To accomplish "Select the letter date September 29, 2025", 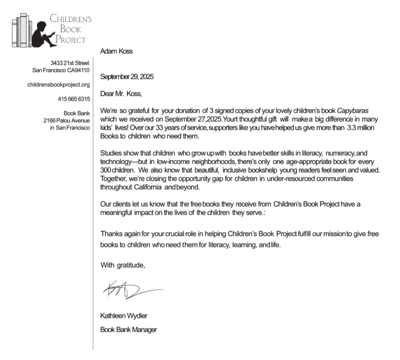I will [127, 77].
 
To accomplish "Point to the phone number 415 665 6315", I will [73, 98].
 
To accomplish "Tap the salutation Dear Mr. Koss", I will [121, 94].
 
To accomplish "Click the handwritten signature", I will [133, 287].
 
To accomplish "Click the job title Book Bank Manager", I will [128, 329].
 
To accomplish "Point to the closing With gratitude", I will [122, 265].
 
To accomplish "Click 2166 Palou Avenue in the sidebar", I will [67, 120].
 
